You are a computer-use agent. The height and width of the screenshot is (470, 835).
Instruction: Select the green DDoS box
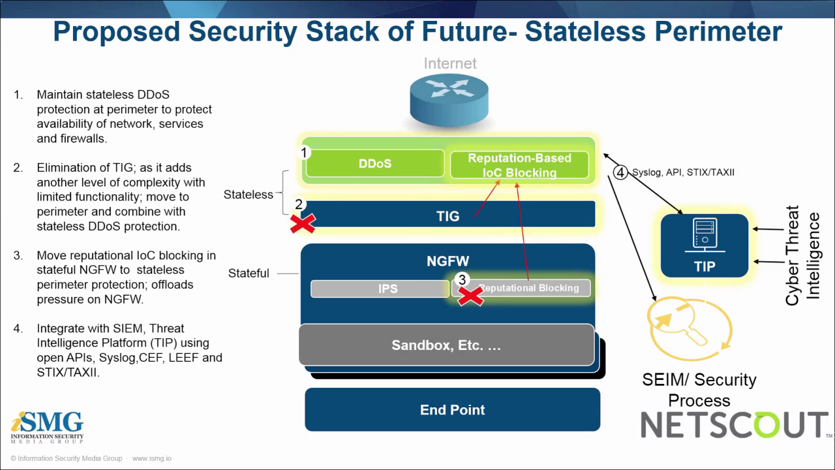(x=375, y=163)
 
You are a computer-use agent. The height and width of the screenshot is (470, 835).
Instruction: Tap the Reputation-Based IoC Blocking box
(x=519, y=165)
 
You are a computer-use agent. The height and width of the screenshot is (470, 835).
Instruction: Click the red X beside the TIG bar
(x=302, y=223)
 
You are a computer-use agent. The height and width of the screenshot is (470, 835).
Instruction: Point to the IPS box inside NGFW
(x=380, y=288)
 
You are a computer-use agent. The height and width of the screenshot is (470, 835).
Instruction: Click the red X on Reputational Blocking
(x=471, y=296)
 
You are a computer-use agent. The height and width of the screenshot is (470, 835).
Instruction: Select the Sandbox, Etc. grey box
(x=446, y=345)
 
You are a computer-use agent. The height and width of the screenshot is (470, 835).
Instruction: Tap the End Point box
(x=452, y=410)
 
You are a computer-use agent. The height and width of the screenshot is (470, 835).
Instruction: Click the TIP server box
(x=705, y=245)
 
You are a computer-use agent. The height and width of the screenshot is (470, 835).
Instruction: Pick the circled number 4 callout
(x=620, y=173)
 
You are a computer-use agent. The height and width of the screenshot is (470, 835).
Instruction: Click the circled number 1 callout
(x=303, y=153)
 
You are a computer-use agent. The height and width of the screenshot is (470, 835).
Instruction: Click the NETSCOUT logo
(x=734, y=425)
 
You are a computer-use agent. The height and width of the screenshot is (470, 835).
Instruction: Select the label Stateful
(x=249, y=273)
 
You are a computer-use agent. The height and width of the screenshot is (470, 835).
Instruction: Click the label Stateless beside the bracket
(x=248, y=195)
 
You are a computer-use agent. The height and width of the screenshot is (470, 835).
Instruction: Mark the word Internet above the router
(x=450, y=63)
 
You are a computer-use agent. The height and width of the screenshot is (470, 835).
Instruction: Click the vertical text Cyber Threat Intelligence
(x=802, y=255)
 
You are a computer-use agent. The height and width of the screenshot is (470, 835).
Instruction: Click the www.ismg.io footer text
(x=151, y=458)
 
